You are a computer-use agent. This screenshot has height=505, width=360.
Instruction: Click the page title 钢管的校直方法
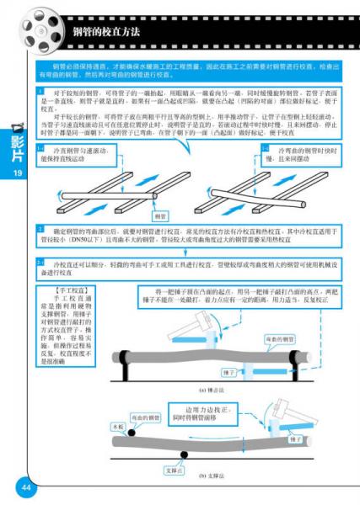(x=106, y=31)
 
